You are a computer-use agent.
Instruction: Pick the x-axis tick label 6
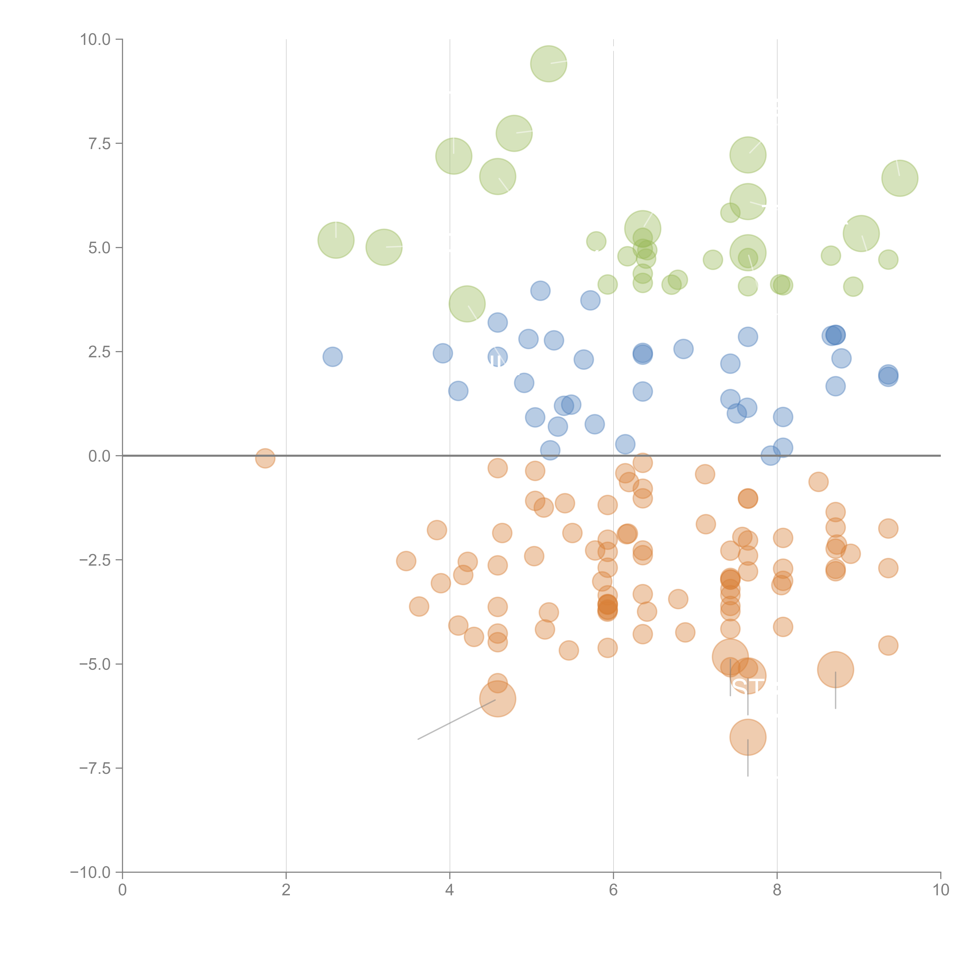coord(613,890)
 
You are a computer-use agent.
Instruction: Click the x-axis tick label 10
coord(940,890)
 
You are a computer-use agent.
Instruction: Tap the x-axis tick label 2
coord(286,890)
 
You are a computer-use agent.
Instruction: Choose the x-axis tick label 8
coord(777,890)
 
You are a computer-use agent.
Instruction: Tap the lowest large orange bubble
coord(748,737)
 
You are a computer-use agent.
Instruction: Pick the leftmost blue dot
coord(332,357)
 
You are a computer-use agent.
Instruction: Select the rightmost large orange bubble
coord(835,670)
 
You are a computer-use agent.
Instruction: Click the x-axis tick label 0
coord(122,890)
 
